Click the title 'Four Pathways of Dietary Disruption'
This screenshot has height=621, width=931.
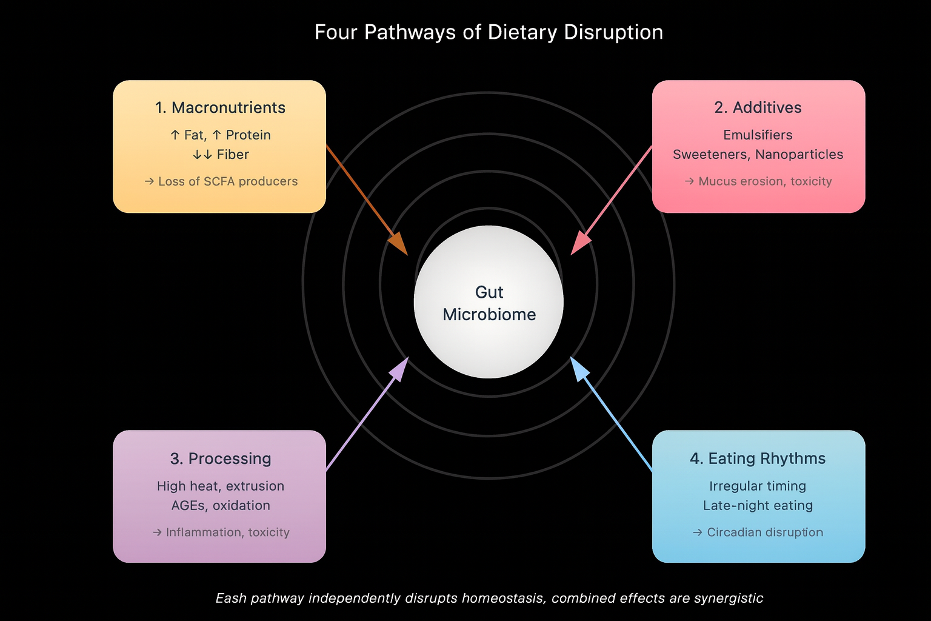pyautogui.click(x=489, y=32)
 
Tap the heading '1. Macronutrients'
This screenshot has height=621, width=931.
pyautogui.click(x=220, y=108)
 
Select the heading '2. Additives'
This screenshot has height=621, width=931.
pyautogui.click(x=758, y=108)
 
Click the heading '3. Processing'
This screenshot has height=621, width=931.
pyautogui.click(x=220, y=458)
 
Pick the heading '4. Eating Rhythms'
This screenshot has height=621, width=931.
pyautogui.click(x=758, y=458)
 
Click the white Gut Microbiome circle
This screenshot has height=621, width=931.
pyautogui.click(x=489, y=302)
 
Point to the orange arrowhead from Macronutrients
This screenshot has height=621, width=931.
pyautogui.click(x=399, y=245)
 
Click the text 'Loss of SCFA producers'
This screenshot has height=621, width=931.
pyautogui.click(x=228, y=181)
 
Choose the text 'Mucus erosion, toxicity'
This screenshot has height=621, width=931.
pyautogui.click(x=765, y=181)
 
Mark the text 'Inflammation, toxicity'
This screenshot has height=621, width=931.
pyautogui.click(x=228, y=532)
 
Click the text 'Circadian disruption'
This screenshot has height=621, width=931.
pyautogui.click(x=765, y=532)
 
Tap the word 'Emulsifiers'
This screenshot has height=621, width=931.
pyautogui.click(x=758, y=135)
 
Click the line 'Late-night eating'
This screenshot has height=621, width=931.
pyautogui.click(x=758, y=506)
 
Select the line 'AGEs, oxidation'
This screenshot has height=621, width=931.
pyautogui.click(x=220, y=506)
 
